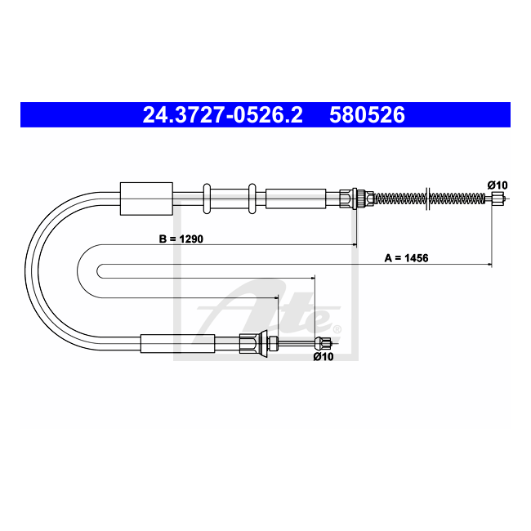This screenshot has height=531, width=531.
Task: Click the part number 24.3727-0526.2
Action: (x=222, y=115)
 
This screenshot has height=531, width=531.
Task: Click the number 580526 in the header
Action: (x=367, y=115)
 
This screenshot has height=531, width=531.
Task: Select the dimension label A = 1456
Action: (x=407, y=258)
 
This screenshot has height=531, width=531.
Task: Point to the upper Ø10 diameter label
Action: (x=498, y=185)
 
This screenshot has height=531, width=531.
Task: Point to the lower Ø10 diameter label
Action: (x=324, y=356)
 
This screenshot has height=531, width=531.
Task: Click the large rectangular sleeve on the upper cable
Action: (x=146, y=199)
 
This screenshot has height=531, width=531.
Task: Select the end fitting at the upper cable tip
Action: (x=497, y=198)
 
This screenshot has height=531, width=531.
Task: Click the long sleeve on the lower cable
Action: (x=177, y=344)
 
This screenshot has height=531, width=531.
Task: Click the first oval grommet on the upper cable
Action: (x=207, y=199)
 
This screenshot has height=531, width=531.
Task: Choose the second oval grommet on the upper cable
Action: (x=252, y=199)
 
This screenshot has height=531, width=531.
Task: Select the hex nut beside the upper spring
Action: (x=370, y=198)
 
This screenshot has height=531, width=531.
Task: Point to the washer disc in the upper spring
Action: (x=427, y=198)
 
